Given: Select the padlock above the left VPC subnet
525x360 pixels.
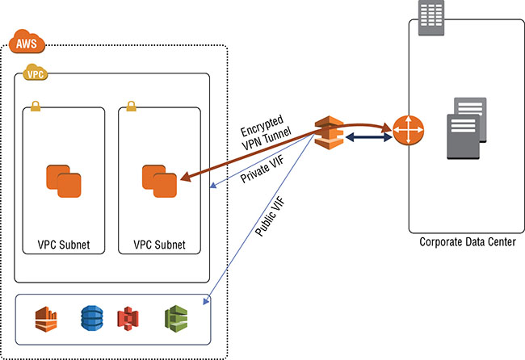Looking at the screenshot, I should click(x=36, y=106).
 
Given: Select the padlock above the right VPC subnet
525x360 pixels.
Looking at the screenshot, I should click(x=131, y=106).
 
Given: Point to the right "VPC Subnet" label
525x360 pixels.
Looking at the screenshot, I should click(x=160, y=244).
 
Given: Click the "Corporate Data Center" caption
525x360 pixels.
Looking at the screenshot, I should click(x=467, y=242).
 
